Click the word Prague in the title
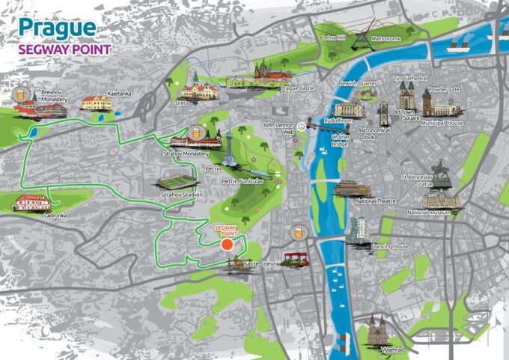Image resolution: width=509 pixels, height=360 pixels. tap(57, 28)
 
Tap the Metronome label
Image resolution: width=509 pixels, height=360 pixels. tap(386, 38)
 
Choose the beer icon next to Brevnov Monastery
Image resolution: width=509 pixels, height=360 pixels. tap(18, 94)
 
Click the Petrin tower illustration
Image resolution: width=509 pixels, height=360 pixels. tap(226, 150)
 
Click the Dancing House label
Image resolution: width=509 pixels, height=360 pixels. tap(391, 246)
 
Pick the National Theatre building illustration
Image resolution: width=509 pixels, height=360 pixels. tap(352, 188)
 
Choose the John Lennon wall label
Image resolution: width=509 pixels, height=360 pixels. tap(277, 128)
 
